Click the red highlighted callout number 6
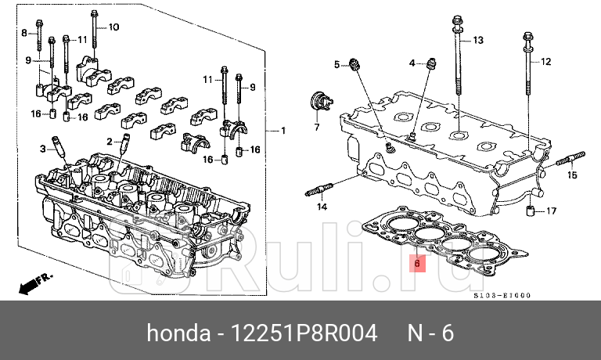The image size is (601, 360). [418, 264]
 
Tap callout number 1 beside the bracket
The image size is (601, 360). [283, 130]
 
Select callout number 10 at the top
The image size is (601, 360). [113, 27]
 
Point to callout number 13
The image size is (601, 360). [478, 39]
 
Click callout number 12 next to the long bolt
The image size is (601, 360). [546, 61]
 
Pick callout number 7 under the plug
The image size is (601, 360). [318, 126]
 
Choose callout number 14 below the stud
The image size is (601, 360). [321, 207]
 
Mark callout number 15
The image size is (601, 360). [572, 175]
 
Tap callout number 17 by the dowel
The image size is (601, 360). [551, 211]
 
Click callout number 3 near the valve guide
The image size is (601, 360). [45, 148]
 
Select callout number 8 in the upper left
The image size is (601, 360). [23, 32]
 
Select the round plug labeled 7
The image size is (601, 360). [319, 101]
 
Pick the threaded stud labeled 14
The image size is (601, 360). [320, 190]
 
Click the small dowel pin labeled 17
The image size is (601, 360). [530, 211]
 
